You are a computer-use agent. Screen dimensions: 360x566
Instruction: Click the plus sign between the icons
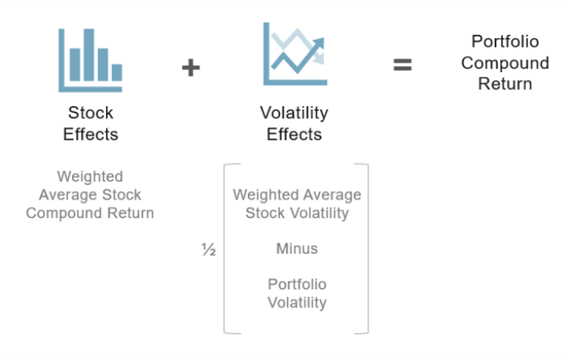pos(190,67)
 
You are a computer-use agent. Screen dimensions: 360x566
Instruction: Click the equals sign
pos(403,65)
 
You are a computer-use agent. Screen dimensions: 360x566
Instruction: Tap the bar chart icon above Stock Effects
pos(90,60)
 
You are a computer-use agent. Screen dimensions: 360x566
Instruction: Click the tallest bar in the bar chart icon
pos(89,55)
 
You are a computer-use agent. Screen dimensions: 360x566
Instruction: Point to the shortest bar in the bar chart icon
pos(116,72)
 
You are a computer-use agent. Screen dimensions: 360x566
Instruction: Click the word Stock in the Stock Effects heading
pos(91,113)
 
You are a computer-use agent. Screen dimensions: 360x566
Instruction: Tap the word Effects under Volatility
pos(294,134)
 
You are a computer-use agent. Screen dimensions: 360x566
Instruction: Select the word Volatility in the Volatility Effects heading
pos(294,113)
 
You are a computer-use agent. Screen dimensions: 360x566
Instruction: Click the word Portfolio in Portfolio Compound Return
pos(505,42)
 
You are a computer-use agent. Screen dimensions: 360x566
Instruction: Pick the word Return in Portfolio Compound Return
pos(505,84)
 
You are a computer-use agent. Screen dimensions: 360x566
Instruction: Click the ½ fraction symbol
pos(208,250)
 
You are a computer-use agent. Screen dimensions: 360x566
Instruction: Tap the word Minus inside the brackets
pos(297,248)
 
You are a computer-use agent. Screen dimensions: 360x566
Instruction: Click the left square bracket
pos(227,248)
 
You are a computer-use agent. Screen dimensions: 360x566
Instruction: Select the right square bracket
pos(366,248)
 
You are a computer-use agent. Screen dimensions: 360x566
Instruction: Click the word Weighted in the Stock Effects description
pos(90,176)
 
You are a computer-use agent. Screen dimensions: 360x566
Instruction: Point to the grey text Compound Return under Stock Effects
pos(90,213)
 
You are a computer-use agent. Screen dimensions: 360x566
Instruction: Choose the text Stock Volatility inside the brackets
pos(297,213)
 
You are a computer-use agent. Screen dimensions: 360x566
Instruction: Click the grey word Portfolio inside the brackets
pos(297,284)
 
